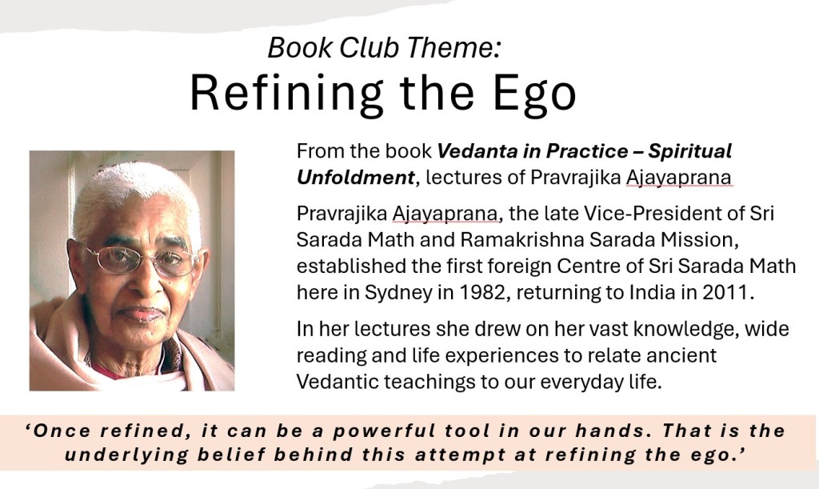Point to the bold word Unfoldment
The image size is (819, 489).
point(356,178)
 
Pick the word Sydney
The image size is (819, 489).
point(399,293)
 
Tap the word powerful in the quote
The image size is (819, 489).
point(384,431)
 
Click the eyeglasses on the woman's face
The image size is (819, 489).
point(141,259)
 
